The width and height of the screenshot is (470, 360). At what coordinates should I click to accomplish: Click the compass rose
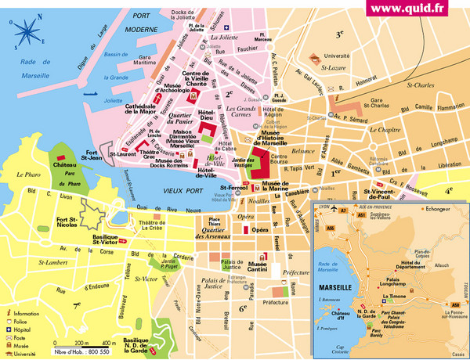pos(27,32)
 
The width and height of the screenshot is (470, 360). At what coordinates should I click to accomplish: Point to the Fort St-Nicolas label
pos(77,229)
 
